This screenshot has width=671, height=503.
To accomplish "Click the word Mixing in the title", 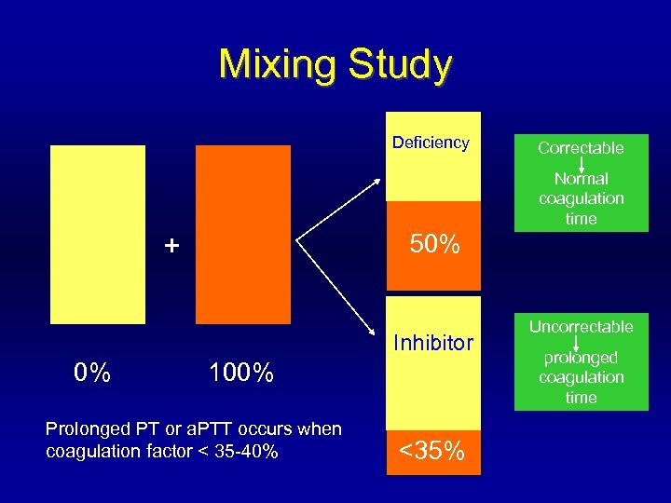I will [279, 65].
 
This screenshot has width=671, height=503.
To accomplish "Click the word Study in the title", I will [399, 65].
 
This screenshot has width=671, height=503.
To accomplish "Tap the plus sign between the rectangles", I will [171, 246].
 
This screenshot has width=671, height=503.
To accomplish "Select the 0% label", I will [92, 374].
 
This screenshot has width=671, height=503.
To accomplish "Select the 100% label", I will [241, 374].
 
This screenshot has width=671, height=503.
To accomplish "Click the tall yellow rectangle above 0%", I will [98, 234].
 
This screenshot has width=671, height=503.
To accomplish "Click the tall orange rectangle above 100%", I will [242, 234].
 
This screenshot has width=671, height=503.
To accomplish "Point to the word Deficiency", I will [431, 143].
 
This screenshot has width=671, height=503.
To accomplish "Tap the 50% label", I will [434, 245].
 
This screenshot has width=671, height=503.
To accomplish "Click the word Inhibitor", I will [433, 343].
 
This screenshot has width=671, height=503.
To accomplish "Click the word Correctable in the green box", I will [581, 148].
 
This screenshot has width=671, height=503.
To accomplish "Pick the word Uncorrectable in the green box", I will [581, 327].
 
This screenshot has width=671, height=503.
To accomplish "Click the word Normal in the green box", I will [581, 179].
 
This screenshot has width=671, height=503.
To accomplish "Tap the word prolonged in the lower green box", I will [581, 358].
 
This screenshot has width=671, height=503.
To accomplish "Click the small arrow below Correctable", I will [581, 163].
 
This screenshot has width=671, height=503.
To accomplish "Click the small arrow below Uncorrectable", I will [581, 342].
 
